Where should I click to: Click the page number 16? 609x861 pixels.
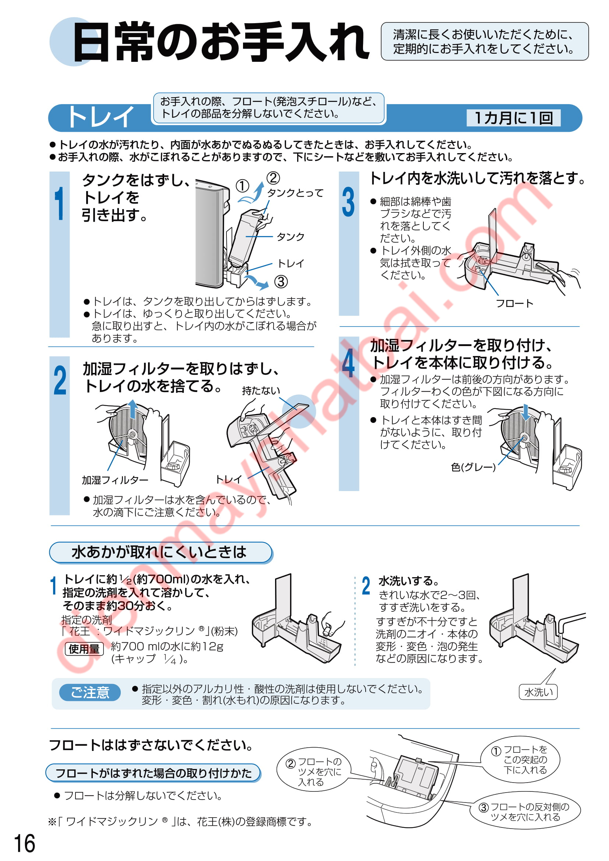pyautogui.click(x=24, y=843)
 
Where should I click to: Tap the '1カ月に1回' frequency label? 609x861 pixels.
pyautogui.click(x=513, y=118)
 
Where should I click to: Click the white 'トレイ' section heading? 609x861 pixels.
pyautogui.click(x=100, y=117)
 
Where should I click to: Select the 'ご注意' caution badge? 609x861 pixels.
pyautogui.click(x=90, y=692)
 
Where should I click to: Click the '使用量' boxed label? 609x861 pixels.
pyautogui.click(x=84, y=648)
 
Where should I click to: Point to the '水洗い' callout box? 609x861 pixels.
pyautogui.click(x=538, y=692)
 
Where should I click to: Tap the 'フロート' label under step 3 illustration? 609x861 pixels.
pyautogui.click(x=514, y=303)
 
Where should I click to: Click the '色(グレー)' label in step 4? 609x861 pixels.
pyautogui.click(x=473, y=467)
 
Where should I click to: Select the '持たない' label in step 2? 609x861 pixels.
pyautogui.click(x=261, y=391)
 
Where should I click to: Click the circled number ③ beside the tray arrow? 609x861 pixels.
pyautogui.click(x=281, y=281)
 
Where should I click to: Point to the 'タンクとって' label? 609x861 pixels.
pyautogui.click(x=295, y=193)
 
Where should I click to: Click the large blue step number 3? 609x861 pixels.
pyautogui.click(x=348, y=202)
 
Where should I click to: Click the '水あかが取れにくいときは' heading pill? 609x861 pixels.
pyautogui.click(x=161, y=552)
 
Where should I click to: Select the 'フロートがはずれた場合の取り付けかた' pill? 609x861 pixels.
pyautogui.click(x=153, y=773)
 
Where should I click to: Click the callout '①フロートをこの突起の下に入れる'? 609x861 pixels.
pyautogui.click(x=520, y=759)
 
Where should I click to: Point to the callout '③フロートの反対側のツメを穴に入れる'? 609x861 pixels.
pyautogui.click(x=525, y=811)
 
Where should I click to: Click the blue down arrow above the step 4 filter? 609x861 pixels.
pyautogui.click(x=526, y=412)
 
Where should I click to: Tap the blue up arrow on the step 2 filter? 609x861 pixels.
pyautogui.click(x=133, y=409)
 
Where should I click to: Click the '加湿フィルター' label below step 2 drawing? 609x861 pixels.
pyautogui.click(x=115, y=480)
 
